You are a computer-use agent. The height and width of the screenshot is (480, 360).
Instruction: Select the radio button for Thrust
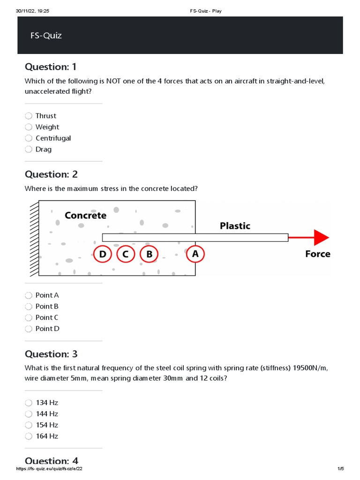pos(29,116)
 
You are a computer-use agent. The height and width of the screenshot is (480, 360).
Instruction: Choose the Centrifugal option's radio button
pos(29,138)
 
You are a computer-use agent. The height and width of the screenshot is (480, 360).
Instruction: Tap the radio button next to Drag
pos(29,150)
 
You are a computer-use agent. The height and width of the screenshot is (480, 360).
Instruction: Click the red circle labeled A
pos(195,254)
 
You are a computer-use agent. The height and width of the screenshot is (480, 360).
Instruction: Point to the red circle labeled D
pos(103,254)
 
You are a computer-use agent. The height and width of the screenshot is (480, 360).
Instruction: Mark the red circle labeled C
pos(125,254)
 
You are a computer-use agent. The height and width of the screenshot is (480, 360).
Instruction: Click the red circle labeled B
pos(149,254)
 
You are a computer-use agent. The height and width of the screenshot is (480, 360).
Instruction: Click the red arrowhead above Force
pos(322,238)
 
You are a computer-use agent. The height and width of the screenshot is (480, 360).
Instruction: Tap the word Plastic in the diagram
pos(235,226)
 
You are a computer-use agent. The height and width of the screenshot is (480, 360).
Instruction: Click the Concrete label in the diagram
pos(85,216)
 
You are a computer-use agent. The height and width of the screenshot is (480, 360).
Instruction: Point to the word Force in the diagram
pos(317,254)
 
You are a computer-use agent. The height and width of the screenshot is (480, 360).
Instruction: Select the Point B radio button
pos(29,307)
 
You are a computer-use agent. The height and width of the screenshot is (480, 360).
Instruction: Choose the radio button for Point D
pos(29,329)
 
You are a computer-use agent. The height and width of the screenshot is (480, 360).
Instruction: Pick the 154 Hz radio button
pos(29,425)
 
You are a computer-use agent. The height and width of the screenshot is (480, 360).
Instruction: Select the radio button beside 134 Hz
pos(29,403)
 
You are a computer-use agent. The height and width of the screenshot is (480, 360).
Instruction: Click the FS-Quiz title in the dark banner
pos(43,36)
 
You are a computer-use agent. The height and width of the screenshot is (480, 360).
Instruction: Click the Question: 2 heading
pos(51,174)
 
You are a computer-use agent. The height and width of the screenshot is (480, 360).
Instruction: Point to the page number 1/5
pos(340,469)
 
